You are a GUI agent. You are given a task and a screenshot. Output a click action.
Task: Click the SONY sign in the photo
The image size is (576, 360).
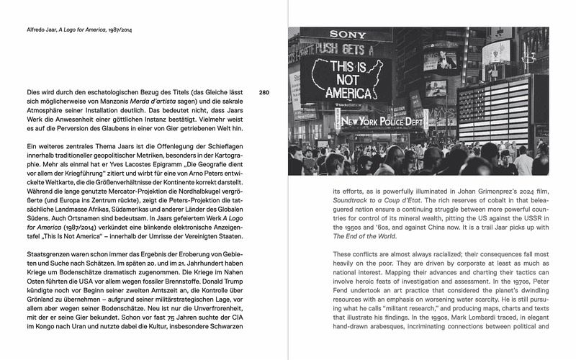click(348, 34)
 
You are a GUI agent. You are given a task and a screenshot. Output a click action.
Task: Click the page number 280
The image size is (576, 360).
click(264, 93)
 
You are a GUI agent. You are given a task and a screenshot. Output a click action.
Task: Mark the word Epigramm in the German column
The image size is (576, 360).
click(146, 166)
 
